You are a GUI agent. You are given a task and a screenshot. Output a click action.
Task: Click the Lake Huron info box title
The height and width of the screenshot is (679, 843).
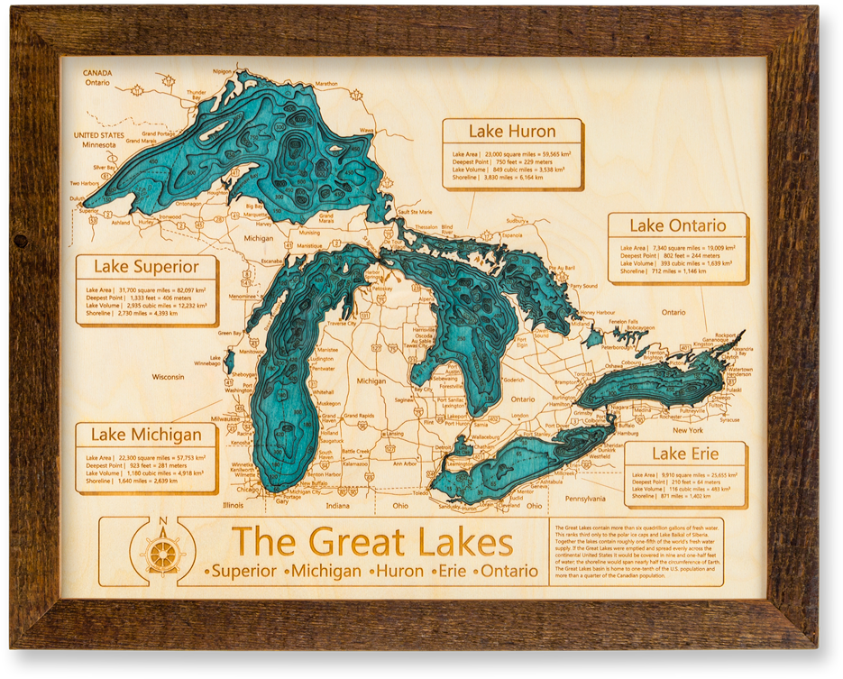pyautogui.click(x=512, y=132)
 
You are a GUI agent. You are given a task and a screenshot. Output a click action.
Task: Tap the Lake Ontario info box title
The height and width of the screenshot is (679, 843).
pyautogui.click(x=677, y=225)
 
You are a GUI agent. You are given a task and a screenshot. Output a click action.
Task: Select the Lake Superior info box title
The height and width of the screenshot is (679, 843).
pyautogui.click(x=146, y=267)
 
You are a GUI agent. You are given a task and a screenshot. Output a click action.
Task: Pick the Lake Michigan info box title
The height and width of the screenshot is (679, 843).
pyautogui.click(x=146, y=435)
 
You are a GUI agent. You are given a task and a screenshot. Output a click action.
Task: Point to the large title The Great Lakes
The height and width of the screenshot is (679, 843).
pyautogui.click(x=372, y=543)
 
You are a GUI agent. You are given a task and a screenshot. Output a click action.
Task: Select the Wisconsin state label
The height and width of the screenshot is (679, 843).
pyautogui.click(x=168, y=376)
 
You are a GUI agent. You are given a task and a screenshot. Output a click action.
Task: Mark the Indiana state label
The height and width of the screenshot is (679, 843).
pyautogui.click(x=337, y=505)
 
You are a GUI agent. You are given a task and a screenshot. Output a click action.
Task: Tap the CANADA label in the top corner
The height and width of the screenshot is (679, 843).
pyautogui.click(x=96, y=72)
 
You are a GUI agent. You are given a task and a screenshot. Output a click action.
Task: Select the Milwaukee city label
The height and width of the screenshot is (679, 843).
pyautogui.click(x=225, y=418)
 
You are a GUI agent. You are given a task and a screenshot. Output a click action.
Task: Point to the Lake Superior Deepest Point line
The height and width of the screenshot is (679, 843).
pyautogui.click(x=145, y=298)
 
